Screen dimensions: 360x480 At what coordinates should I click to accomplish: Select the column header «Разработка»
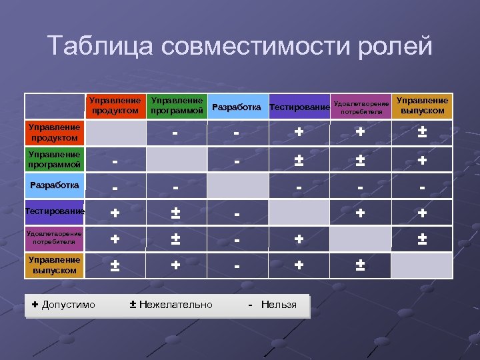[236, 107]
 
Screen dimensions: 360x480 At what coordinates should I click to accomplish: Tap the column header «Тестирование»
[299, 107]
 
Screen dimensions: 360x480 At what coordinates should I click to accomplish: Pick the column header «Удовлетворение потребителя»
[361, 107]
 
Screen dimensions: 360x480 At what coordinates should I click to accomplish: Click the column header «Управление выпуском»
[421, 105]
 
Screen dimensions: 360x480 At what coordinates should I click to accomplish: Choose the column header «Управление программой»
[177, 105]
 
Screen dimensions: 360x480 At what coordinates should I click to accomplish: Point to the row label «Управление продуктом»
[53, 133]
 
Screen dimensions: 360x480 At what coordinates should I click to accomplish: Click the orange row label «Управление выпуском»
[54, 265]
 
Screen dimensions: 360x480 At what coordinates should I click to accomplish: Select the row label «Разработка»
[54, 185]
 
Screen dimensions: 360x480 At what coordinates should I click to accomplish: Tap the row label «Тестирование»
[54, 211]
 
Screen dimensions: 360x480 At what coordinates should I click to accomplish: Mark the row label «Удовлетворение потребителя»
[54, 238]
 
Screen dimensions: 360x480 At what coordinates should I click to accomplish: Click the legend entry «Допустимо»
[64, 305]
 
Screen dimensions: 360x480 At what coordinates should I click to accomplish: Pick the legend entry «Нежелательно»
[171, 305]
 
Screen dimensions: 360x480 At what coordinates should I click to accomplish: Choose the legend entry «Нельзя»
[273, 305]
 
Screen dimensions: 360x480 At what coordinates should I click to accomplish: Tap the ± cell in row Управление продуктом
[421, 133]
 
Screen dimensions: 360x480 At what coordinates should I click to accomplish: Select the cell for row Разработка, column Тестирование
[299, 187]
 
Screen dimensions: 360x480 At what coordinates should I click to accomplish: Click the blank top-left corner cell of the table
[54, 106]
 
